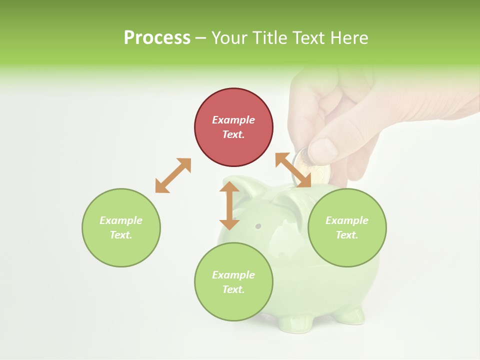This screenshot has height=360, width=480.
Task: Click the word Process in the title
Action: click(x=157, y=38)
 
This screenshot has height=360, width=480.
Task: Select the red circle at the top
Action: click(x=233, y=127)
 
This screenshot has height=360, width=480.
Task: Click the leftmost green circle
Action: click(x=121, y=227)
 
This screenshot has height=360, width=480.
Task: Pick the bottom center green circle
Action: click(x=233, y=281)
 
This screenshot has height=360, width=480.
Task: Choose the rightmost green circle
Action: click(x=347, y=227)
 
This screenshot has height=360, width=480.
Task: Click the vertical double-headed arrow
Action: click(x=229, y=205)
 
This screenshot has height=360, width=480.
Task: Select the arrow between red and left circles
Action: click(x=173, y=175)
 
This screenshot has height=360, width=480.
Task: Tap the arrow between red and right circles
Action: click(x=293, y=170)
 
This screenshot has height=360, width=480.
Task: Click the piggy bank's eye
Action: click(x=258, y=226)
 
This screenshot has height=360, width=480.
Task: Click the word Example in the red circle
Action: click(x=233, y=120)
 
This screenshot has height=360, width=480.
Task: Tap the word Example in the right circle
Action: click(x=347, y=220)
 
